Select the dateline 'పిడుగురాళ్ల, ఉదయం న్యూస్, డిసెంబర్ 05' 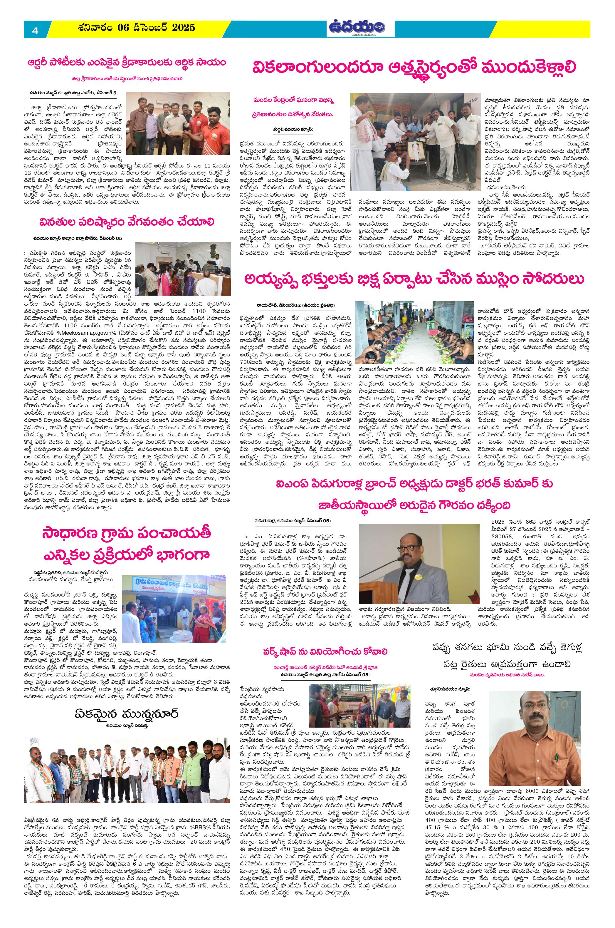[x=292, y=521]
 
